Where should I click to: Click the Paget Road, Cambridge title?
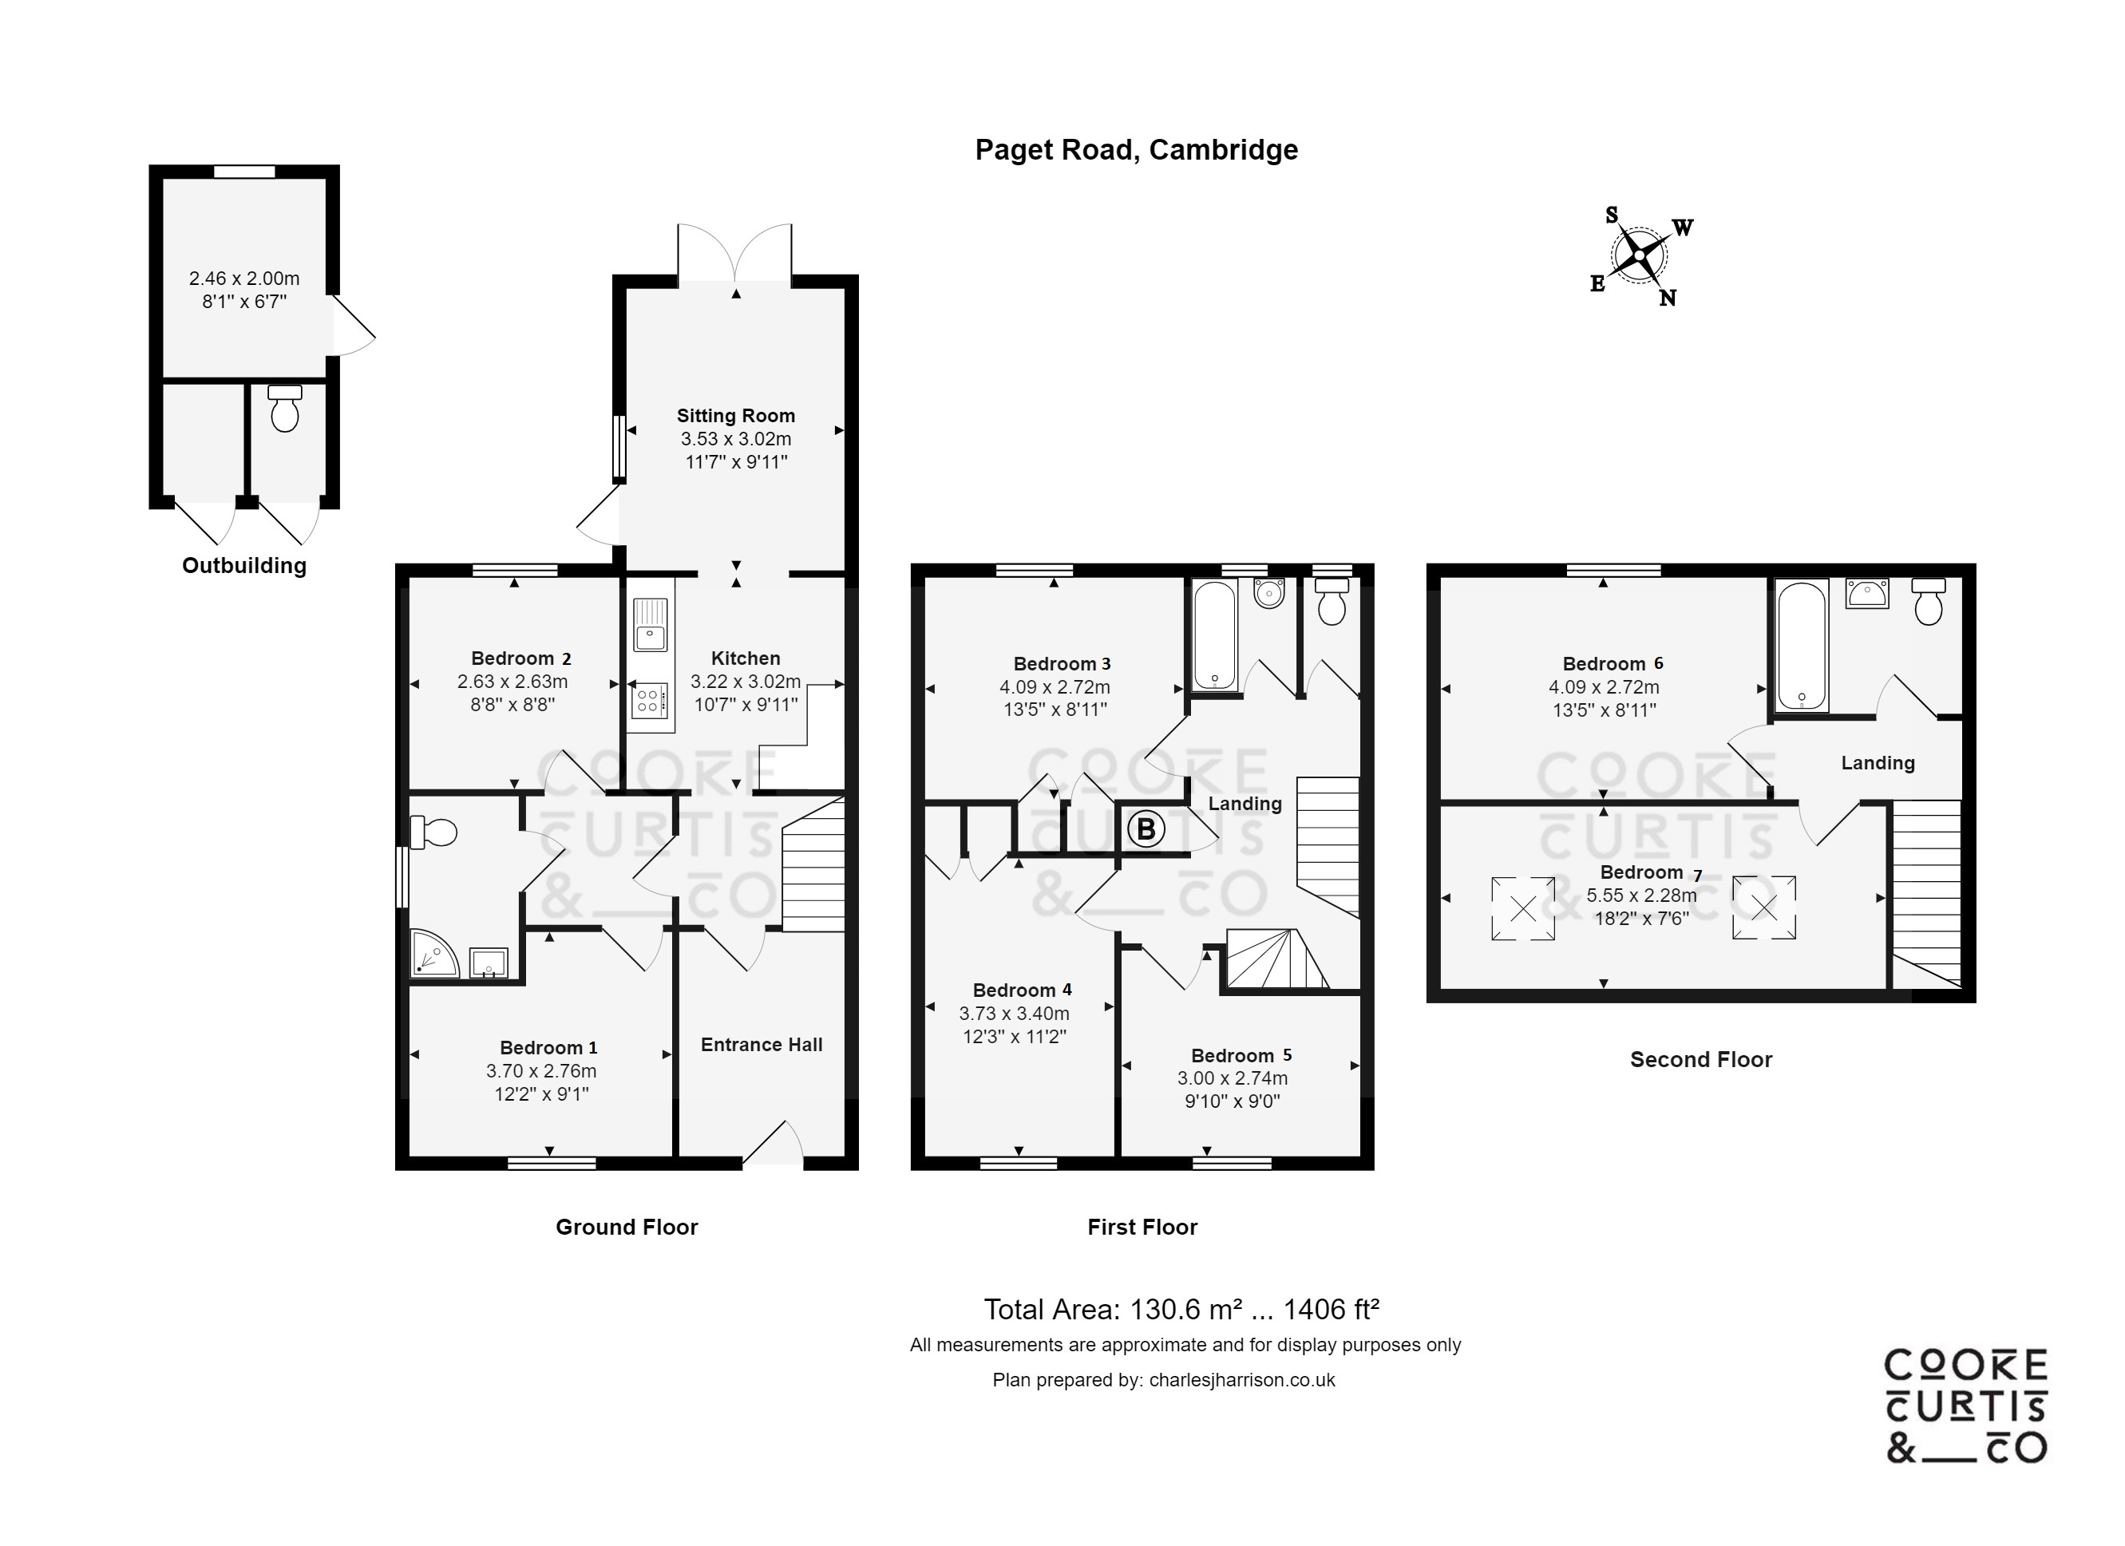click(x=1136, y=150)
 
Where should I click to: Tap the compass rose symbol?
click(x=1639, y=255)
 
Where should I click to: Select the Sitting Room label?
click(x=735, y=416)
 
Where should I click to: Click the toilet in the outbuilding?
click(x=285, y=409)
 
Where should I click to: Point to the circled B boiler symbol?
click(x=1145, y=829)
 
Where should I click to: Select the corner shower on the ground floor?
click(x=432, y=954)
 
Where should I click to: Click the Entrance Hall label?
click(x=761, y=1045)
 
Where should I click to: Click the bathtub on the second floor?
click(x=1801, y=646)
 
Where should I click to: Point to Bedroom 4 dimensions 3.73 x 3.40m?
click(x=1014, y=1013)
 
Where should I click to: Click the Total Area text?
click(x=1181, y=1309)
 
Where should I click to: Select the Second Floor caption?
click(x=1700, y=1060)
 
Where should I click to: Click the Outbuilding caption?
click(x=243, y=566)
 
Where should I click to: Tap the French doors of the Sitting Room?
click(x=735, y=253)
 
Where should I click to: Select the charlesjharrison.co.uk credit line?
click(x=1164, y=1380)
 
